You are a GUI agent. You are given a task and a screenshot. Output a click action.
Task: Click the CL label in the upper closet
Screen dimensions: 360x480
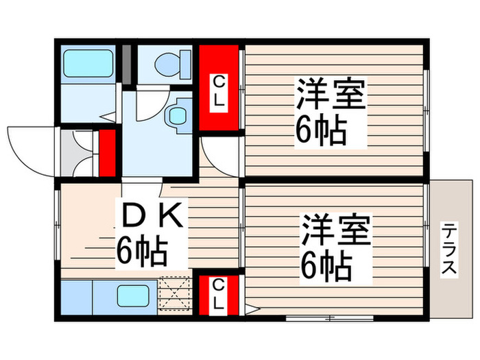(219, 90)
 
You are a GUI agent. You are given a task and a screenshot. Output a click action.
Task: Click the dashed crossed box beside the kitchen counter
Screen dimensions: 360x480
(176, 293)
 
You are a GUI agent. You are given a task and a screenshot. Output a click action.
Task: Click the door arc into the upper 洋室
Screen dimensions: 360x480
(219, 154)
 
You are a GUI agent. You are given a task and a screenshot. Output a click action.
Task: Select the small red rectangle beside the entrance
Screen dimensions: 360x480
(108, 152)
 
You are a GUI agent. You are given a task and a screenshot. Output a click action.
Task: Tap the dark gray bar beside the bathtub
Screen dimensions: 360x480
(126, 63)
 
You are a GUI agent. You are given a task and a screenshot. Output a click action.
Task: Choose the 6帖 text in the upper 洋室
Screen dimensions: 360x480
(320, 130)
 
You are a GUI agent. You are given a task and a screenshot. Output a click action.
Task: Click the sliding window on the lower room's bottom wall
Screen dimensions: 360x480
(329, 318)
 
